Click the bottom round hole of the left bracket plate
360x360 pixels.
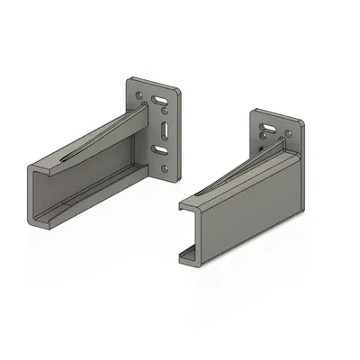coord(164,168)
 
